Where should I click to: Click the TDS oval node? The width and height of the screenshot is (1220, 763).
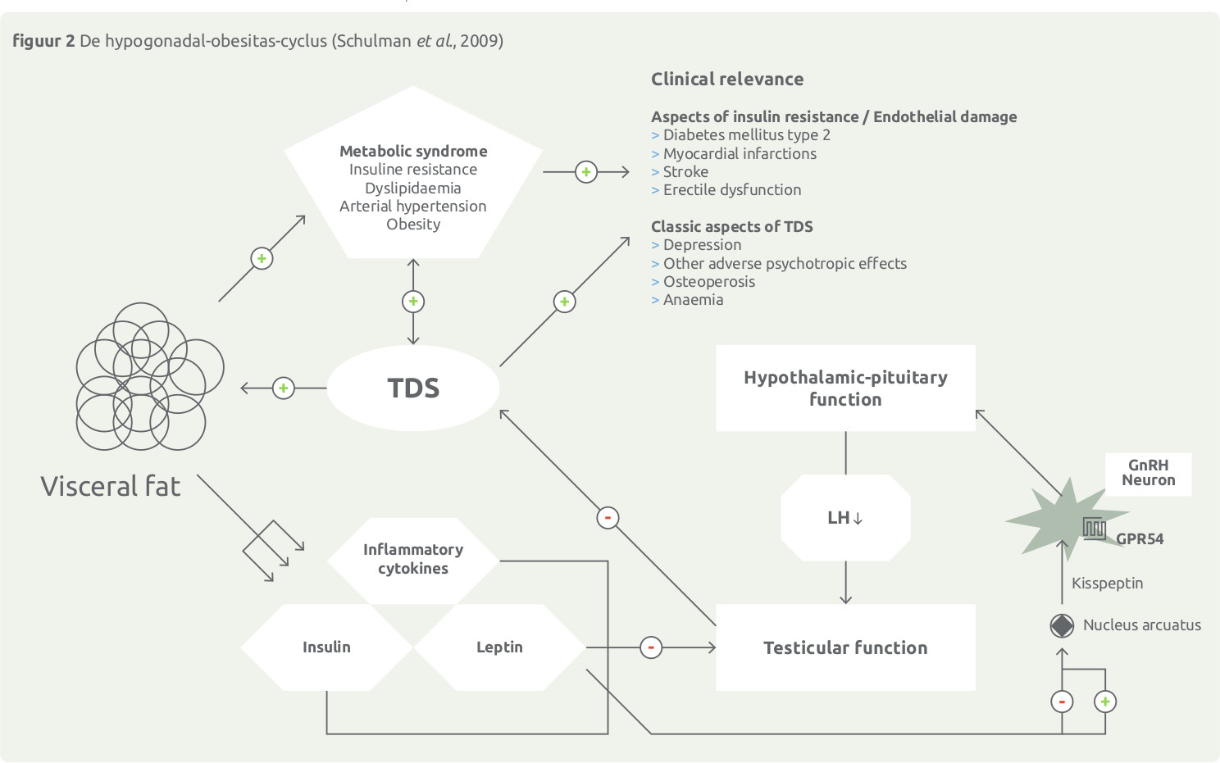click(x=413, y=388)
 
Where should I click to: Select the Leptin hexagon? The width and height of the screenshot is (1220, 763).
click(x=499, y=647)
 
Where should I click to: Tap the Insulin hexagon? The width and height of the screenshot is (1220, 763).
click(x=326, y=647)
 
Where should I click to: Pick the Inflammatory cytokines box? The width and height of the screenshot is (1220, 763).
click(x=413, y=559)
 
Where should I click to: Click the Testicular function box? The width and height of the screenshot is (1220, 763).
click(x=845, y=647)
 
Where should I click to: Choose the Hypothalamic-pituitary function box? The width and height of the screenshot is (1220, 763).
click(x=845, y=388)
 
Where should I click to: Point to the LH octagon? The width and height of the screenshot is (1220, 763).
click(x=845, y=518)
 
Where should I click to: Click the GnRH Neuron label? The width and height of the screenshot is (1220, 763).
click(x=1148, y=473)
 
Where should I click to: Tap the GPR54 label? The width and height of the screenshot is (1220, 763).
click(x=1140, y=539)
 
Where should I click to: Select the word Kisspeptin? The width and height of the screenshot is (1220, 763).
click(x=1107, y=584)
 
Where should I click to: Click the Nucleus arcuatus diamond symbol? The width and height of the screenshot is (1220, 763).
click(x=1062, y=626)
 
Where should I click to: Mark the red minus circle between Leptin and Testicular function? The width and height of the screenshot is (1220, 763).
click(x=651, y=647)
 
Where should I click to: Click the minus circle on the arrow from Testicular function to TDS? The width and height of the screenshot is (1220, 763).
click(x=608, y=518)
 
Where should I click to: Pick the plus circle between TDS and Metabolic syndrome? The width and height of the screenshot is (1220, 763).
click(x=413, y=302)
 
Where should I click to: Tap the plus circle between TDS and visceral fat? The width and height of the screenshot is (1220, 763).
click(x=283, y=388)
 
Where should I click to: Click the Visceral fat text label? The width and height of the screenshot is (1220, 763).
click(x=111, y=487)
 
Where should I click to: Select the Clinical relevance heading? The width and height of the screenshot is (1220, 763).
click(x=727, y=79)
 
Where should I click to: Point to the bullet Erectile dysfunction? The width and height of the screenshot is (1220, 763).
click(x=731, y=190)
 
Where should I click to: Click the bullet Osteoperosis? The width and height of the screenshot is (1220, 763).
click(x=708, y=282)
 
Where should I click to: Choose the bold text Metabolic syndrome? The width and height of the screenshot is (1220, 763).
click(x=413, y=152)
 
